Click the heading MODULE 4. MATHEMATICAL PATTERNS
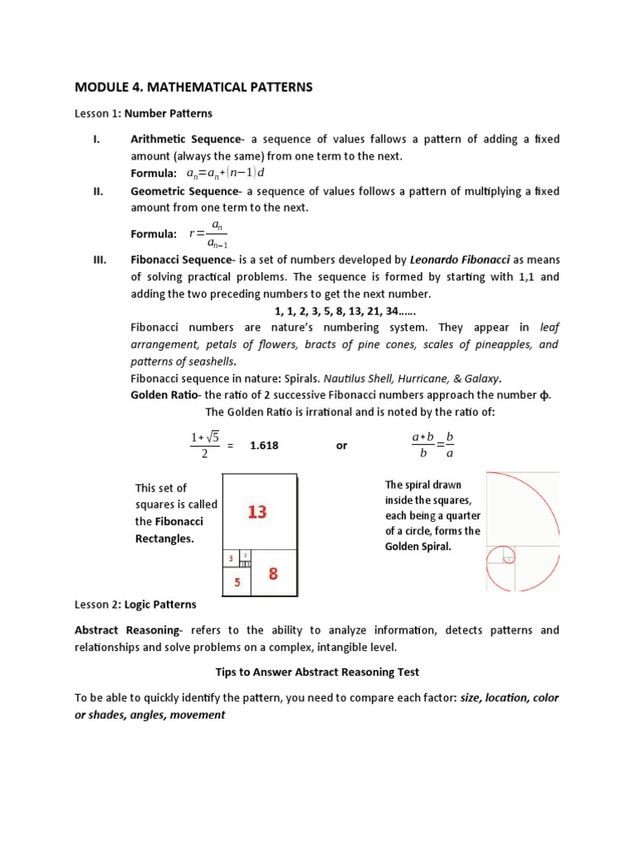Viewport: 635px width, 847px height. tap(194, 87)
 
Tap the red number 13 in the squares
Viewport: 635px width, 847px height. tap(257, 513)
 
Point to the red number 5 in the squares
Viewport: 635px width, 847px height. tap(236, 582)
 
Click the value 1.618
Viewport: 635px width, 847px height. tap(264, 445)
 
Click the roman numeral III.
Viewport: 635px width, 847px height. tap(99, 260)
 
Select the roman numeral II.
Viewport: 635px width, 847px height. tap(98, 191)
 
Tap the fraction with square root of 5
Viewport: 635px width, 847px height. tap(203, 445)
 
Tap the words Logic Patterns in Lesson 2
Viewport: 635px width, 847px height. tap(158, 605)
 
